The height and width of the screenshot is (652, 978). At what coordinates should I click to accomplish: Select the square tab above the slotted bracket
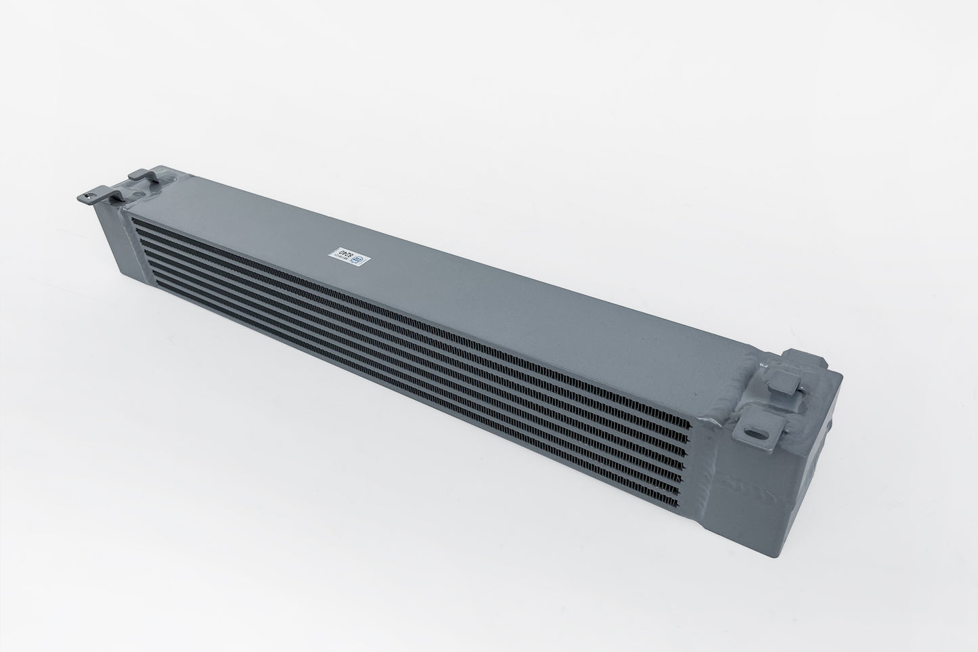[x=783, y=389]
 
